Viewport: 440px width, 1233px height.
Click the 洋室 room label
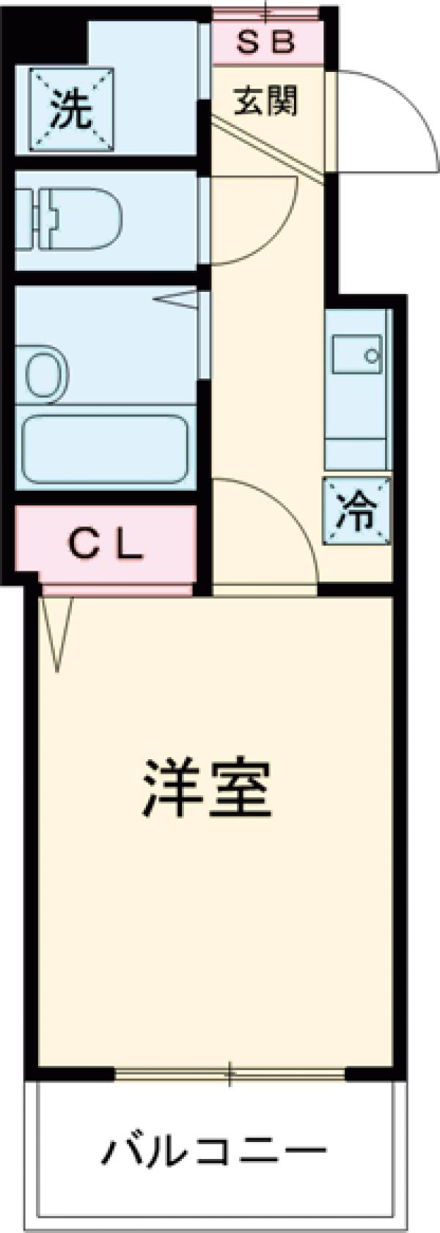[208, 789]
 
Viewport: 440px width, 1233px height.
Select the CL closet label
[106, 545]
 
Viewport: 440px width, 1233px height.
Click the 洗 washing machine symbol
[72, 110]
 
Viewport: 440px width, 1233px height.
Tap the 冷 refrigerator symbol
[357, 511]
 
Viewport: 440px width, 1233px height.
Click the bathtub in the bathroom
[105, 450]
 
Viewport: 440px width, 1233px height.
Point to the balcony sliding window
[230, 1075]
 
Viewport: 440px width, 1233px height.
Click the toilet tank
[28, 219]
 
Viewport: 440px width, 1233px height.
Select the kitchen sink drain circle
[372, 357]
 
